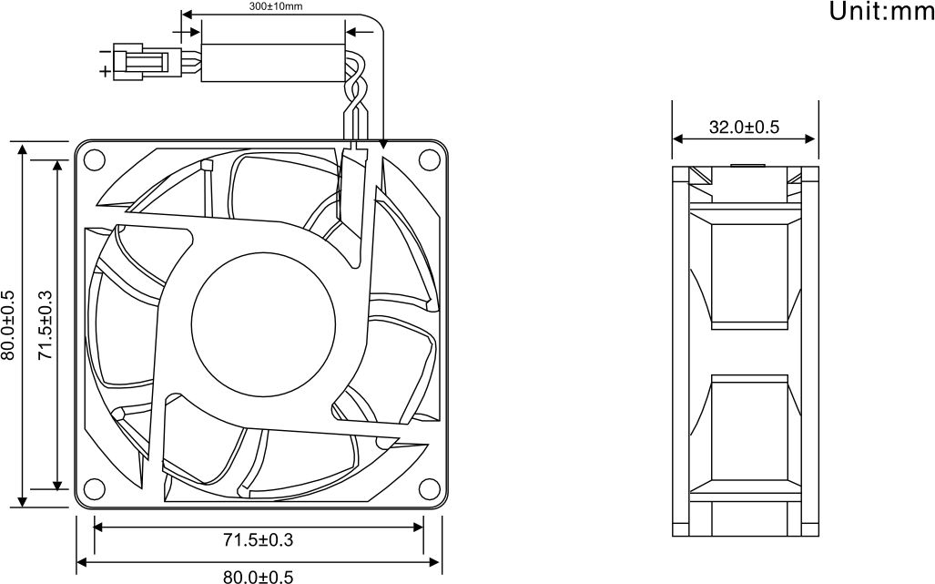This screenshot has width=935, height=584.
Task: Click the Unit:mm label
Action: click(x=882, y=11)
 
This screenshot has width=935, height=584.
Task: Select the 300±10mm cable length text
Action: click(x=276, y=7)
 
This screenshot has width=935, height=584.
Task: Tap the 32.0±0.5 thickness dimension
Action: click(x=744, y=127)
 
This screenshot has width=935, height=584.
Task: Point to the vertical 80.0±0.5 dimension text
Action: click(x=7, y=325)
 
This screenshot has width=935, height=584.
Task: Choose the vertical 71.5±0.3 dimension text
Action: click(x=46, y=325)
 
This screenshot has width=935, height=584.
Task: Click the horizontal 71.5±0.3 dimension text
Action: click(x=259, y=540)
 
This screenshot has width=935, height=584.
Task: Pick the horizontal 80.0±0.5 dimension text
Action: click(x=259, y=577)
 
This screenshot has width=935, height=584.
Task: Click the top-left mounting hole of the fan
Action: click(x=94, y=159)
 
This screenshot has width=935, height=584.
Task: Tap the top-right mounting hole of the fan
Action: click(x=429, y=159)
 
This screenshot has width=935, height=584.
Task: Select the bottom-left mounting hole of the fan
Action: click(x=94, y=488)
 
